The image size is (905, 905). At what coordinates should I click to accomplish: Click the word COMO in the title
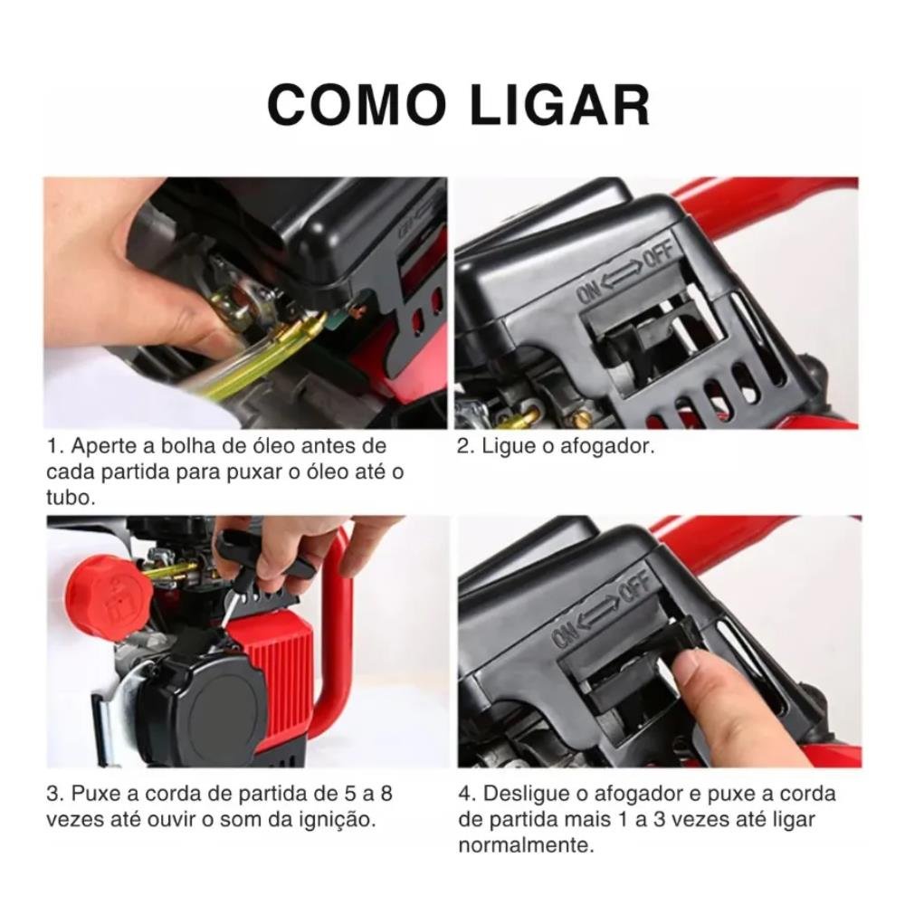point(357,105)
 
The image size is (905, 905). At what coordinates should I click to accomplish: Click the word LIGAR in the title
point(559,105)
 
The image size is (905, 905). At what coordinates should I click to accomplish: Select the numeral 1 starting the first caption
point(52,446)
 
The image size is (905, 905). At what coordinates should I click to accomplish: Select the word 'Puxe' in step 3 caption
point(97,795)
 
